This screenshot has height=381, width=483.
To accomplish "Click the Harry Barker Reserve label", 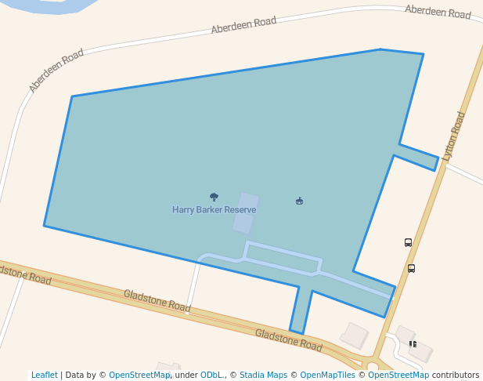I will tap(214, 210).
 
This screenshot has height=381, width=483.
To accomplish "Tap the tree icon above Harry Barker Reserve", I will tap(214, 198).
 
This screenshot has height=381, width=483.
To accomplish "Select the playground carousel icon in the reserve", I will tap(299, 201).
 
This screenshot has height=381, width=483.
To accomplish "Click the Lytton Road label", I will tap(454, 136).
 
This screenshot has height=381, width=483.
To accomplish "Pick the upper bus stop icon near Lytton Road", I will tap(408, 243).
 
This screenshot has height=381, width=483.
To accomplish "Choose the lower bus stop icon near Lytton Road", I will tap(411, 268).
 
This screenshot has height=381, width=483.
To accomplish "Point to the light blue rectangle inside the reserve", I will tap(246, 213).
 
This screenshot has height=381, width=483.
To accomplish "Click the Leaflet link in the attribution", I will tap(44, 376).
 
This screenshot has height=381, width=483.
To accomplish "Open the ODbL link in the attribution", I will tap(211, 376).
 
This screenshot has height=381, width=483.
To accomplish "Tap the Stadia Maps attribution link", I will tap(263, 376).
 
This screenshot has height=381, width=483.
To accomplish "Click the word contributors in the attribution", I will tap(455, 376).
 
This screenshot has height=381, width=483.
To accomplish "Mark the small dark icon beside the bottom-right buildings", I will tap(413, 343).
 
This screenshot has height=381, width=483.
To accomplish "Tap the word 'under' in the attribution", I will tap(186, 376).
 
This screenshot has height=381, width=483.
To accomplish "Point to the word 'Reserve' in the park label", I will tap(240, 210).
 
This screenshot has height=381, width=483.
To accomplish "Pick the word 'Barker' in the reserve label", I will tap(208, 210).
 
